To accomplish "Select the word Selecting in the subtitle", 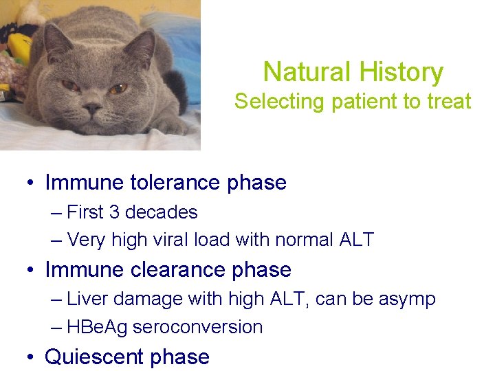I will (x=278, y=102).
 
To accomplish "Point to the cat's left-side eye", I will (x=71, y=85).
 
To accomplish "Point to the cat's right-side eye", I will (x=118, y=88).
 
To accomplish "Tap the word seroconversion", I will (x=197, y=327).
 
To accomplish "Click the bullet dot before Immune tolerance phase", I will (x=31, y=183).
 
